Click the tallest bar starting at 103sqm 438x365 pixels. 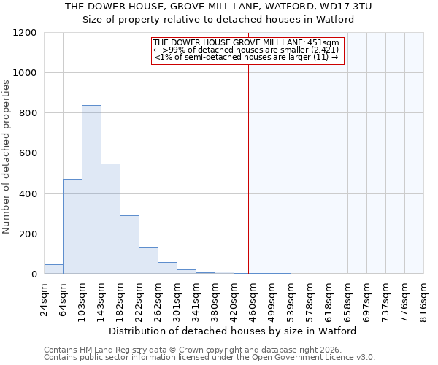click(x=91, y=190)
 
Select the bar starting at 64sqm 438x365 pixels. click(x=72, y=226)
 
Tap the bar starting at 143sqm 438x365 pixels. click(x=110, y=219)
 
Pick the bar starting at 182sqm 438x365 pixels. click(x=129, y=245)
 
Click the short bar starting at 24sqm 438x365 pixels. click(x=53, y=269)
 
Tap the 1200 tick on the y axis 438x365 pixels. click(x=25, y=33)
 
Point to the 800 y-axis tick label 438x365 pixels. click(x=28, y=113)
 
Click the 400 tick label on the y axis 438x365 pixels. click(x=28, y=194)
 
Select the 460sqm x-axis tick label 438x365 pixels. click(x=253, y=299)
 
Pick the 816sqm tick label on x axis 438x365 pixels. click(x=424, y=299)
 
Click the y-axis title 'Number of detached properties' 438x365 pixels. click(x=7, y=158)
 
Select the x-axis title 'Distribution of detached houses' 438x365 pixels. click(x=234, y=331)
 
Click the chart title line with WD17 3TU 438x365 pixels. click(x=219, y=6)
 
